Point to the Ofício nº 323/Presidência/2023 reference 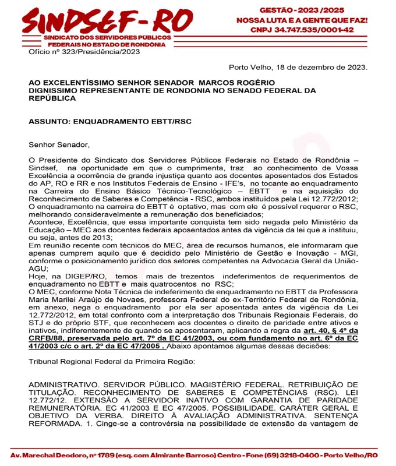click(84, 52)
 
